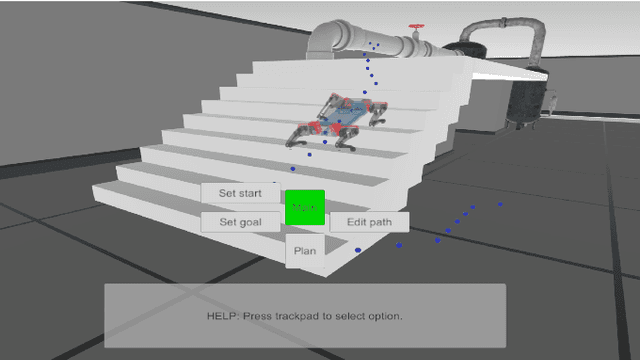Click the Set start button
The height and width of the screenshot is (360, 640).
coord(240,192)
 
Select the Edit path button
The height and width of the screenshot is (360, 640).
coord(368,222)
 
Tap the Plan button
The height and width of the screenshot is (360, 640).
coord(305,251)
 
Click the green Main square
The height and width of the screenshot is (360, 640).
coord(305,208)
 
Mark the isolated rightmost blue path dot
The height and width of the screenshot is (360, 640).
coord(500,205)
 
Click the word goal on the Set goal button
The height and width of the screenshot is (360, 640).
coord(251,222)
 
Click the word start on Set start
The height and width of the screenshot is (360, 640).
coord(250,192)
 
